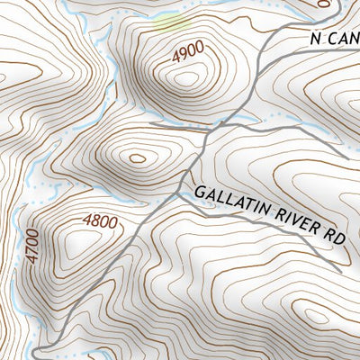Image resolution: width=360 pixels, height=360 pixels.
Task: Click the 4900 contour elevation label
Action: click(x=187, y=55)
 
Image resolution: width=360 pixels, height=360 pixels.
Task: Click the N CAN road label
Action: click(x=333, y=39)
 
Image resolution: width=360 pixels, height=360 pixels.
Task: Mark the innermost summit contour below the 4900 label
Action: click(x=186, y=78)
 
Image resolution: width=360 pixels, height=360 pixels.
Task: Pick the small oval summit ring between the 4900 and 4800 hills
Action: click(x=137, y=158)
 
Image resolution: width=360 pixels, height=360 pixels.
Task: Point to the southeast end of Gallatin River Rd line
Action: click(x=340, y=269)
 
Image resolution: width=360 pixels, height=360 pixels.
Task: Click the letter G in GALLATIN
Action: click(x=200, y=193)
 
